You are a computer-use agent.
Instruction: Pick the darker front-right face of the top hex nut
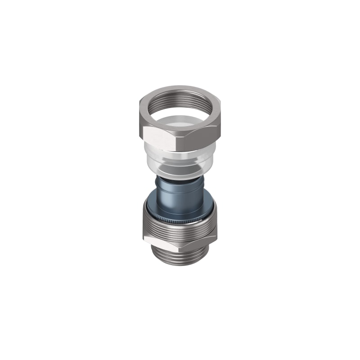pos(198,137)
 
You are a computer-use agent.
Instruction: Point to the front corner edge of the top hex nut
pos(176,139)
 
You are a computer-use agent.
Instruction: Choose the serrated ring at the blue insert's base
pos(180,219)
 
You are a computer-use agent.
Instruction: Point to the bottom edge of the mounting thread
pos(180,265)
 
